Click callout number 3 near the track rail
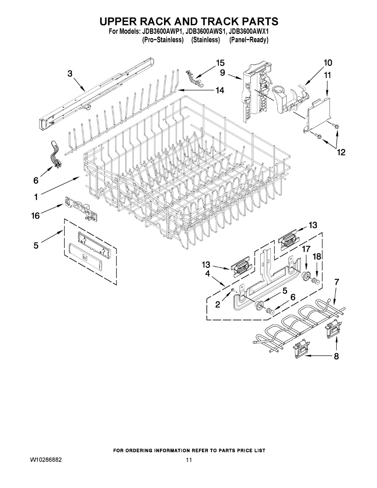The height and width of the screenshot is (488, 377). click(70, 74)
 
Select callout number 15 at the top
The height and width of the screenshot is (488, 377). click(220, 63)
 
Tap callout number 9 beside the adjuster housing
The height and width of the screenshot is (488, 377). click(222, 73)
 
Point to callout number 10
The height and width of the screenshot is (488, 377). click(328, 63)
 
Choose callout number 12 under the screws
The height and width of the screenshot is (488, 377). click(340, 152)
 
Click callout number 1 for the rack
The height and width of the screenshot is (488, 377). click(36, 197)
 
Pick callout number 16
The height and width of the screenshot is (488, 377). click(36, 216)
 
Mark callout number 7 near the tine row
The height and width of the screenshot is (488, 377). click(336, 281)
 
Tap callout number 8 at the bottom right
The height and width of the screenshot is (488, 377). click(336, 357)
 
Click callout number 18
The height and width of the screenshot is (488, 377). click(317, 256)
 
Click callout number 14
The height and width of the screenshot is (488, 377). click(220, 90)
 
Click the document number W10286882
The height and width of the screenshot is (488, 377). click(46, 460)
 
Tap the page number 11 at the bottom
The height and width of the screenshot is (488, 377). click(189, 460)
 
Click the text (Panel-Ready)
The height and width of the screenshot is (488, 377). click(248, 40)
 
